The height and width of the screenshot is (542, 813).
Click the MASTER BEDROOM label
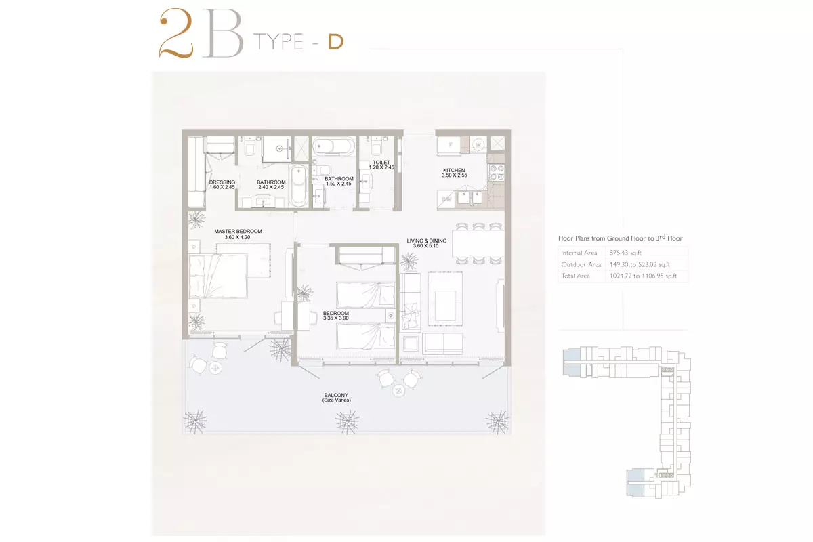click(x=238, y=231)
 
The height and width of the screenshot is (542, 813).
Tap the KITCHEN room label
click(x=454, y=170)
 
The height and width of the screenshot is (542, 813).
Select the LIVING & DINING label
click(x=426, y=241)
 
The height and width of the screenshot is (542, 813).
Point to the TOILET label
click(x=381, y=163)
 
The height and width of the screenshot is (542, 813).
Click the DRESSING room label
click(x=222, y=182)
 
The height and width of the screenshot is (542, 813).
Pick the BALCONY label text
click(x=336, y=395)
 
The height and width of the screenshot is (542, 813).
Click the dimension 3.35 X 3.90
click(x=336, y=318)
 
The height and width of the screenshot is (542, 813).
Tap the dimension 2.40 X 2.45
click(x=271, y=187)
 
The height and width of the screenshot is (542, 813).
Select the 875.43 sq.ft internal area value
click(x=625, y=253)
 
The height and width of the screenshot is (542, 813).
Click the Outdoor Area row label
click(x=581, y=264)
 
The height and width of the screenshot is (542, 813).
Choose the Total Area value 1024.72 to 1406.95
click(x=643, y=276)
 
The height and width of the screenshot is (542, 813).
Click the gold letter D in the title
click(x=336, y=42)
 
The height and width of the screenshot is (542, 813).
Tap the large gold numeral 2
click(x=176, y=33)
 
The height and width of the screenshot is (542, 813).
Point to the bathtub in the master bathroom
click(x=299, y=186)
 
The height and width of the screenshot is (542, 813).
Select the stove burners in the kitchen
click(x=497, y=173)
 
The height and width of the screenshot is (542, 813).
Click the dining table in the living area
click(x=478, y=244)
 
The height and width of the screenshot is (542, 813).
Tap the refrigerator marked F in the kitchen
click(x=449, y=145)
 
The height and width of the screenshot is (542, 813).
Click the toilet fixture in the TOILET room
click(x=377, y=146)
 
